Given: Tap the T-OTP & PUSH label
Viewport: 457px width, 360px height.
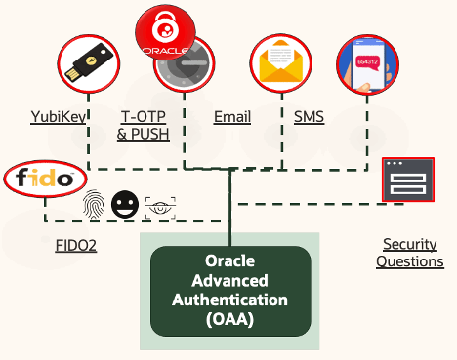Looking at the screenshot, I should (x=143, y=126).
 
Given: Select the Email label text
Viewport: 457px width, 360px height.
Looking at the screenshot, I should (x=231, y=118).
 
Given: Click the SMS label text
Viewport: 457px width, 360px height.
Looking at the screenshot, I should (x=310, y=118).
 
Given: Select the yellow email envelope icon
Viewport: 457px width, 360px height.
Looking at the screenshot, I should (x=280, y=64).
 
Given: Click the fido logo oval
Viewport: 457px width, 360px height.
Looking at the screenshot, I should (x=46, y=180).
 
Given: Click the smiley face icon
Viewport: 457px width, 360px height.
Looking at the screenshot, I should (x=124, y=205).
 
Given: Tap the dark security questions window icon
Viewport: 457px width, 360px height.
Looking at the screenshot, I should (x=407, y=180).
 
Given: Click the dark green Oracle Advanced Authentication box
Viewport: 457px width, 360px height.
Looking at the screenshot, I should (x=230, y=290).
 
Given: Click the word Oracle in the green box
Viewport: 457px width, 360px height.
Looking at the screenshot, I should (x=230, y=261).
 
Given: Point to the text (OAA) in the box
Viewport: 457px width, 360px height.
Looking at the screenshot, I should (x=230, y=317).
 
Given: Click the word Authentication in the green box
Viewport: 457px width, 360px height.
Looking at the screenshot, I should (x=230, y=299).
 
